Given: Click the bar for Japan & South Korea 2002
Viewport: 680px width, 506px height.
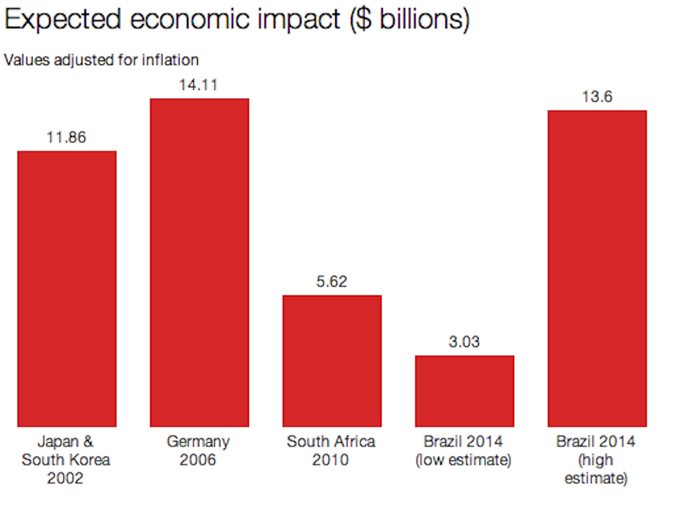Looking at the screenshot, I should point(67,289).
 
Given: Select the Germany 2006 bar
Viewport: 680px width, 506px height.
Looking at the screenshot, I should point(199,262).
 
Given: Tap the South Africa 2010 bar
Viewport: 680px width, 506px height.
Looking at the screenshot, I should point(332,361).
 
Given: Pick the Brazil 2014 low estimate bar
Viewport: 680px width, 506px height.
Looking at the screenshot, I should point(464,391).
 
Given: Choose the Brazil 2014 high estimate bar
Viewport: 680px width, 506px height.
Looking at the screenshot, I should point(597,268).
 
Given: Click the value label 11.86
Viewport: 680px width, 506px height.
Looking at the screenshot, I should point(67,138).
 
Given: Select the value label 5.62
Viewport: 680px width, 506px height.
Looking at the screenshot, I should point(332,282).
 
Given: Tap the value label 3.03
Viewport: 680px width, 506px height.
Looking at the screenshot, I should point(464,342).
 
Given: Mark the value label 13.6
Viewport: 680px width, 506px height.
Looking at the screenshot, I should point(597,97).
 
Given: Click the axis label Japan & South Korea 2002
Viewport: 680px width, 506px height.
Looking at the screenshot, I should point(66,460).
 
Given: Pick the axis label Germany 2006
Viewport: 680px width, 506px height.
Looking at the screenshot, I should point(199,451).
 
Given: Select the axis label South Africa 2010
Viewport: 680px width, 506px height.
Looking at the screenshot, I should point(331,451).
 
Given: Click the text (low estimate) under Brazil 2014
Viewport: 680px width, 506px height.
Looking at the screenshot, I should point(464,460).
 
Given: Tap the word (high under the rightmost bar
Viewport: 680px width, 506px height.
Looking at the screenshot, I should point(596,460).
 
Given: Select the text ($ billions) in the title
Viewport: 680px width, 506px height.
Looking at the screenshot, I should point(410,20).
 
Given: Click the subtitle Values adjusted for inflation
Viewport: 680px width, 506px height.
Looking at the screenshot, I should point(101,60).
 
